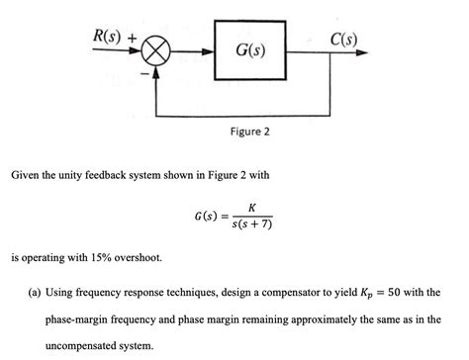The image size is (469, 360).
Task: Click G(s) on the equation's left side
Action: (209, 217)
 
